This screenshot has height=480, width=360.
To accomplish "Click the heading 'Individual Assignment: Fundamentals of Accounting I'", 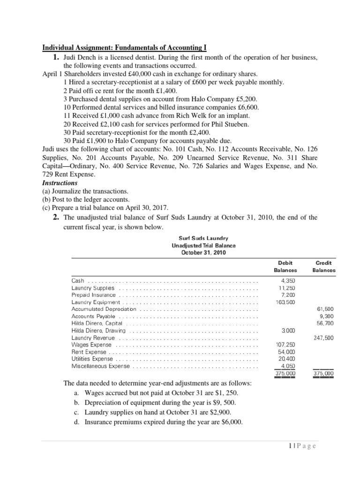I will [124, 48].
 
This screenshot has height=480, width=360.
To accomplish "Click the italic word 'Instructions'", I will [60, 183].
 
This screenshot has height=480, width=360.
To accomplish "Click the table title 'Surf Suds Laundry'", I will [203, 239].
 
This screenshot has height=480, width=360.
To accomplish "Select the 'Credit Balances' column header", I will [324, 267].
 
